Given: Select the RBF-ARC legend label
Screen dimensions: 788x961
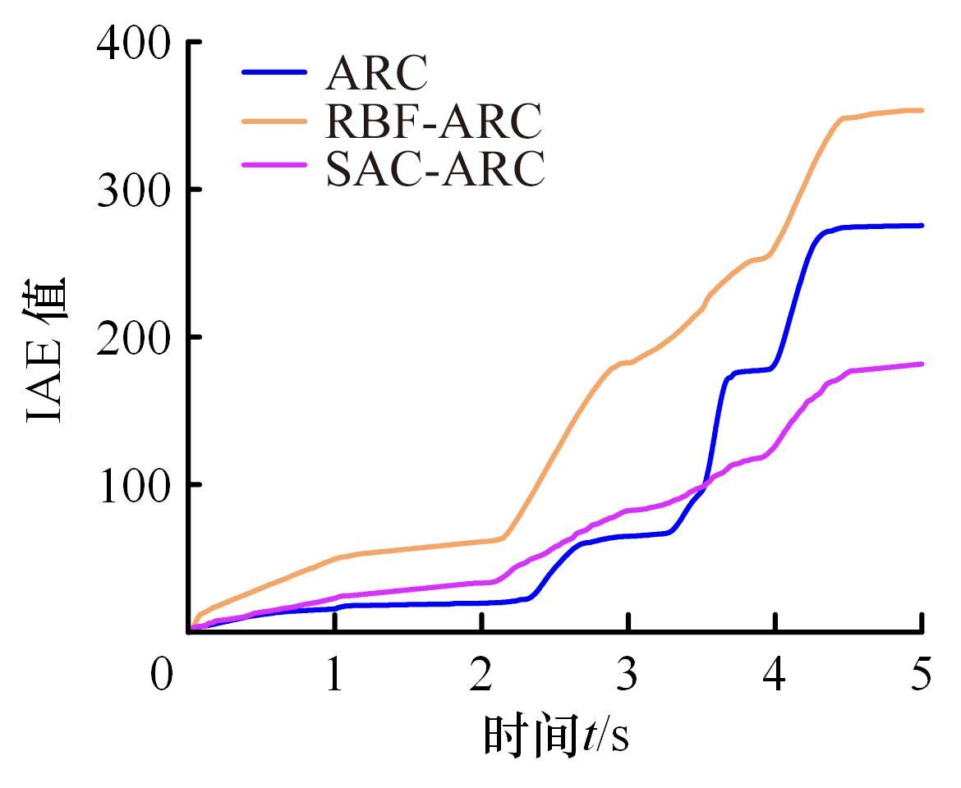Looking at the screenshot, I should tap(434, 121).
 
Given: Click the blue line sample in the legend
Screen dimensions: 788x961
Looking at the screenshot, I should tap(274, 72).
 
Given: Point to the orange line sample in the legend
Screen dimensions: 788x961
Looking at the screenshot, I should tap(274, 121).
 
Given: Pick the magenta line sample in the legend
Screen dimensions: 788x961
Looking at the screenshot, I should tap(274, 167).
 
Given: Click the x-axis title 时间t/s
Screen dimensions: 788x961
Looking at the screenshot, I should tap(556, 735).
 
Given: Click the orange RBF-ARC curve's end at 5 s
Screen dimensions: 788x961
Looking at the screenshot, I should tap(922, 110).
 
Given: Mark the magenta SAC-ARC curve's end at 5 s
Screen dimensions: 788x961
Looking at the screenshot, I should tap(922, 364).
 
